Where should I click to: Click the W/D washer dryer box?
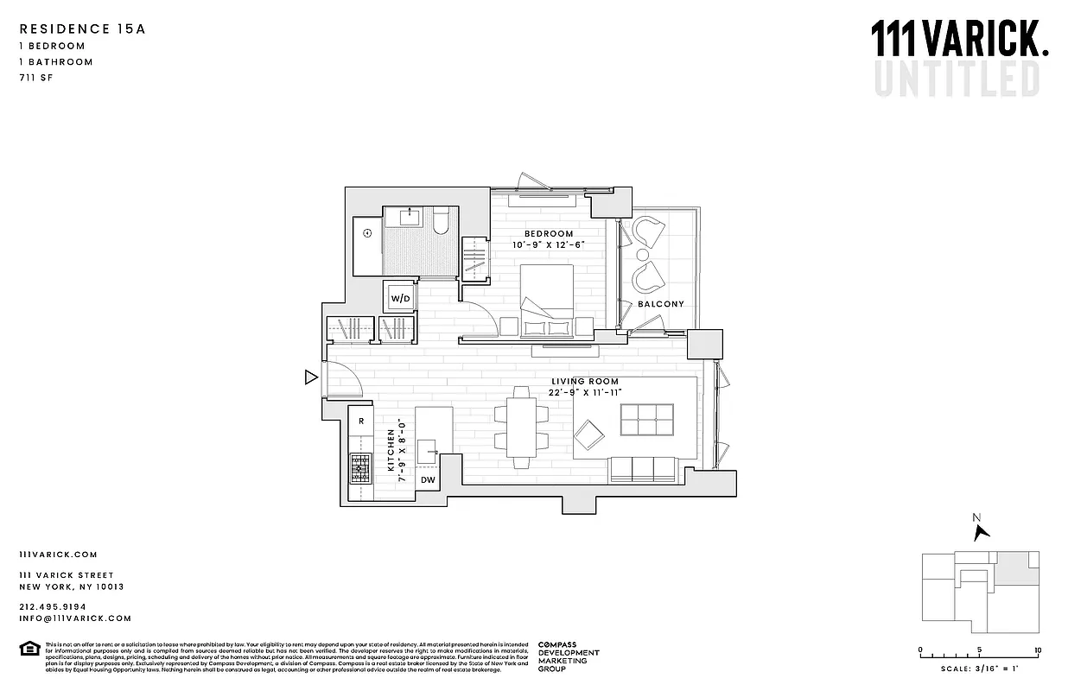pyautogui.click(x=400, y=298)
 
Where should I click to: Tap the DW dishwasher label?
pyautogui.click(x=428, y=479)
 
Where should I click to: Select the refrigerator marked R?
pyautogui.click(x=360, y=422)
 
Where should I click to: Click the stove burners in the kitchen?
pyautogui.click(x=360, y=469)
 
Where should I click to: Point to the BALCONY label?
pyautogui.click(x=661, y=304)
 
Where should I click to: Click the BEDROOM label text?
pyautogui.click(x=549, y=234)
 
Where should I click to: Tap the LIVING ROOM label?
pyautogui.click(x=585, y=381)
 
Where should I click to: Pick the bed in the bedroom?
pyautogui.click(x=545, y=298)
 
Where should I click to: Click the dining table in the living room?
pyautogui.click(x=520, y=428)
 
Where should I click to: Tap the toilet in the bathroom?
pyautogui.click(x=442, y=223)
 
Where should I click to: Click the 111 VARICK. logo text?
pyautogui.click(x=958, y=41)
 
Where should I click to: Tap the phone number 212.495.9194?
pyautogui.click(x=51, y=606)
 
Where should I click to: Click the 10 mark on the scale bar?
pyautogui.click(x=1037, y=650)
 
